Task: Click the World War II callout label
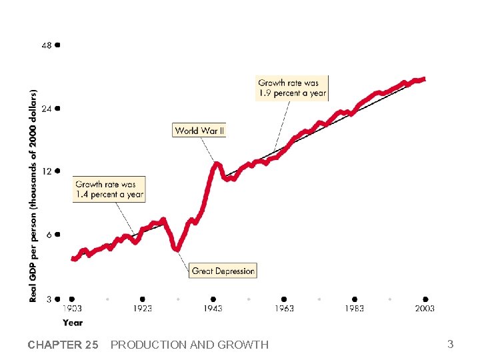pos(199,131)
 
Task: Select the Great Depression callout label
pos(223,271)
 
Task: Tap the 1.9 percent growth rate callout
pos(292,88)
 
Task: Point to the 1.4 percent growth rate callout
pos(109,189)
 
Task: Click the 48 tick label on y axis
pos(47,45)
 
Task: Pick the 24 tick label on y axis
pos(47,108)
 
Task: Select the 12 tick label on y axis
pos(47,171)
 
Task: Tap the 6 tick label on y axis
pos(49,235)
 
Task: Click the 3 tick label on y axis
pos(49,299)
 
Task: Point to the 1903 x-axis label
pos(73,309)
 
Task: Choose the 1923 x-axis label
pos(142,309)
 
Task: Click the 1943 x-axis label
pos(213,309)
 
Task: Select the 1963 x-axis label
pos(284,309)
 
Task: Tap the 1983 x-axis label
pos(354,309)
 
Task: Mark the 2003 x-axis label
pos(425,309)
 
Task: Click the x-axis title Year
pos(73,323)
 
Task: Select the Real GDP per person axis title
pos(33,195)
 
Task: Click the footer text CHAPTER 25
pos(63,345)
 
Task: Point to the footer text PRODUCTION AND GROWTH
pos(189,345)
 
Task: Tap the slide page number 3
pos(450,344)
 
